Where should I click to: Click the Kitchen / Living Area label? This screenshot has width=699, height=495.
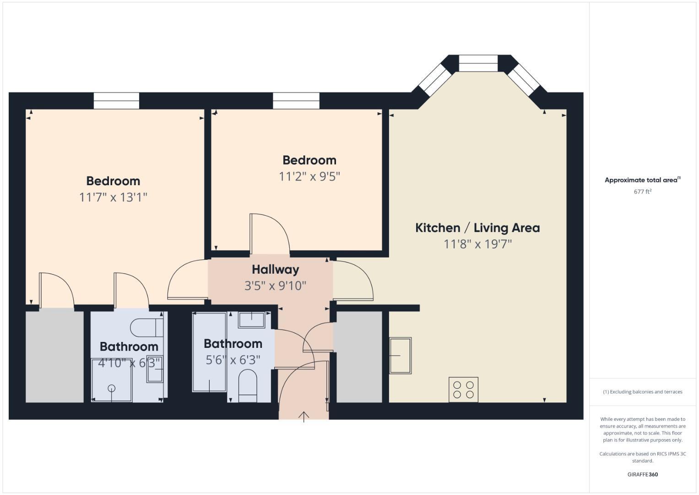tap(477, 228)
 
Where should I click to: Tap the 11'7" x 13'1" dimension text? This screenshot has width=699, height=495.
tap(113, 198)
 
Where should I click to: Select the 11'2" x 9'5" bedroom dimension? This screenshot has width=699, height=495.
tap(309, 176)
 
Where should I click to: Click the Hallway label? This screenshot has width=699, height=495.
tap(275, 269)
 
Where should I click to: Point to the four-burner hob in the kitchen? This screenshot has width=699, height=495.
tap(463, 390)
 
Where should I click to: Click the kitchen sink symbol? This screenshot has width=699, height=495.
tap(400, 355)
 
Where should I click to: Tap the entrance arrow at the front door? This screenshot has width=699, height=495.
tap(304, 416)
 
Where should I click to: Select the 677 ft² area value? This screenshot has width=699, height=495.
tap(642, 192)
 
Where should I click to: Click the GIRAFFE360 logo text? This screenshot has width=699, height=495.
tap(642, 474)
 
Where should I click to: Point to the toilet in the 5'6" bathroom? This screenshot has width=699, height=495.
tap(248, 385)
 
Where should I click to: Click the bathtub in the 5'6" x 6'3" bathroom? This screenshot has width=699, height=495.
tap(209, 352)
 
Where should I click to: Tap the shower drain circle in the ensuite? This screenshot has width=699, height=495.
tap(111, 388)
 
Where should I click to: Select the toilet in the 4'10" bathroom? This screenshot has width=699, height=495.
tap(146, 328)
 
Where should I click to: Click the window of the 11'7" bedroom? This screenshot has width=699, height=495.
tap(116, 101)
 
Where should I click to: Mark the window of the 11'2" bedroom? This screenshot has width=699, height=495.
tap(296, 101)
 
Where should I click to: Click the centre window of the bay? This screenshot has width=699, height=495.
tap(478, 63)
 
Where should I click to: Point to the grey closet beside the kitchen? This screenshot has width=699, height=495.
tap(358, 357)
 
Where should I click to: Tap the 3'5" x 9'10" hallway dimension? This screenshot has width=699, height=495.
tap(275, 286)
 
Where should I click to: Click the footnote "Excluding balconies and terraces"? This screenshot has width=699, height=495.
tap(642, 392)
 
